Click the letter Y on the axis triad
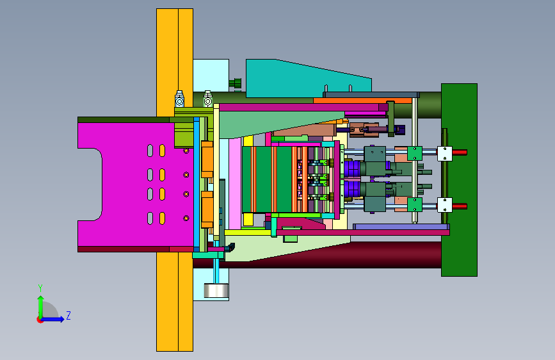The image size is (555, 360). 40,288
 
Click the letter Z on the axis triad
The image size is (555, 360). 68,315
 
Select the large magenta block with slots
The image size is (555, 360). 134,184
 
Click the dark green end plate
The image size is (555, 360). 459,180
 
